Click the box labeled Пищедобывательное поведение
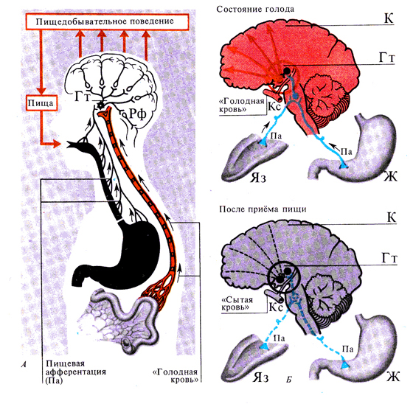click(107, 21)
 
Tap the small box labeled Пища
click(41, 102)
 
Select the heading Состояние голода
click(255, 10)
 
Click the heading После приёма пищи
click(263, 209)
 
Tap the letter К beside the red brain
click(389, 18)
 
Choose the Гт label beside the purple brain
click(389, 260)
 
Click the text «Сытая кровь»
click(237, 304)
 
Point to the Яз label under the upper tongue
click(258, 178)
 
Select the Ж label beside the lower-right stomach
click(392, 376)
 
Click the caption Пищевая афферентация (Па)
click(76, 372)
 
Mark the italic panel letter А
click(24, 364)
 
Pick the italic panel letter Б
click(289, 380)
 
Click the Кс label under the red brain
click(275, 107)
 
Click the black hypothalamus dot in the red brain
click(288, 71)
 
